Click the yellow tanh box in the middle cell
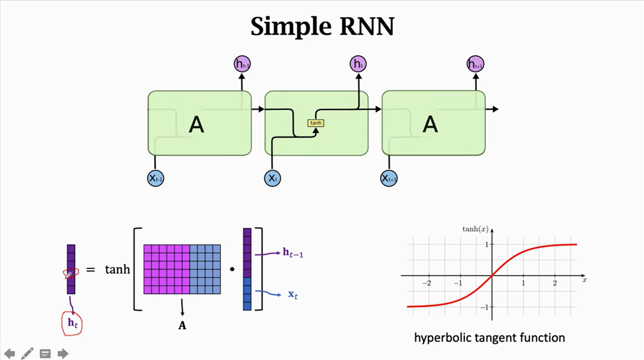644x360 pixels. [x=316, y=123]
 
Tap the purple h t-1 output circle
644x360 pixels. [x=242, y=64]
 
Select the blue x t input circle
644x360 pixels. [x=272, y=178]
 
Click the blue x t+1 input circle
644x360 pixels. [x=389, y=178]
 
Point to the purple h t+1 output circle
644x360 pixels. [x=475, y=64]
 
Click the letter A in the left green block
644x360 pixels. [x=196, y=124]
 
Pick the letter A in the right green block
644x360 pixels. [x=430, y=124]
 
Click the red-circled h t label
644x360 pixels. [x=72, y=322]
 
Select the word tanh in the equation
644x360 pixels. [x=117, y=270]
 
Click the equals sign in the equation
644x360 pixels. [x=91, y=270]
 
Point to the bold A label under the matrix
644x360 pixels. [x=182, y=326]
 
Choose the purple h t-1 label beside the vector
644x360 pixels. [x=293, y=253]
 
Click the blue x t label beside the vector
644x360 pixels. [x=292, y=295]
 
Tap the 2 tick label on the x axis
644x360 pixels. [x=555, y=284]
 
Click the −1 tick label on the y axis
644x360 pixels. [x=485, y=307]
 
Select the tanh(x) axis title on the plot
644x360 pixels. [x=475, y=229]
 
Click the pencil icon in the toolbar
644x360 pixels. [x=27, y=353]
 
